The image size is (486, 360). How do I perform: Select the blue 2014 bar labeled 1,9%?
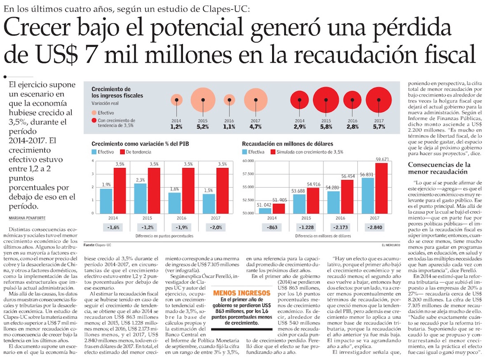106,201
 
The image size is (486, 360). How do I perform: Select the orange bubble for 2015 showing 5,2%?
202,99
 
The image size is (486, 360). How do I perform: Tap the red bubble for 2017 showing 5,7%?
379,100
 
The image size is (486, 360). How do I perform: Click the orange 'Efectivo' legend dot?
94,113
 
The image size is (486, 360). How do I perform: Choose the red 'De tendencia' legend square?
123,152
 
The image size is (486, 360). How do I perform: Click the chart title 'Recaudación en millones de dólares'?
288,144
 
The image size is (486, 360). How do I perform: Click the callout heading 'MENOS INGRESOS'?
241,293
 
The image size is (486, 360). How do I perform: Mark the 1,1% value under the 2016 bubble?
229,127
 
